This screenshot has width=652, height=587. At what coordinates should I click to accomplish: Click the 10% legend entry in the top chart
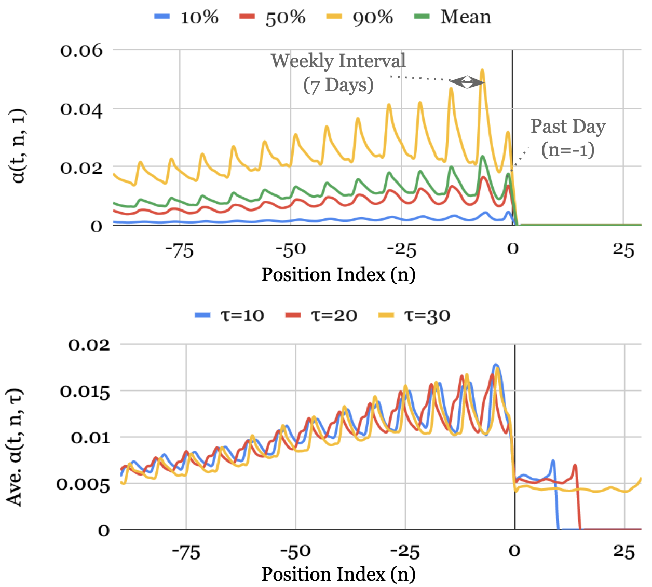[187, 17]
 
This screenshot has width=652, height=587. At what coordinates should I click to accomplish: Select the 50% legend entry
[273, 17]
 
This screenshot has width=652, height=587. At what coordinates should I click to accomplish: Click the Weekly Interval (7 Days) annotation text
[338, 73]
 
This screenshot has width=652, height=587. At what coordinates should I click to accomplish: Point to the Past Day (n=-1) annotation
[568, 138]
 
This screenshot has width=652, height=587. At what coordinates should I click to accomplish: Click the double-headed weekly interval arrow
[467, 82]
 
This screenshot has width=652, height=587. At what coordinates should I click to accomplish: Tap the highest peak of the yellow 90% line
[482, 70]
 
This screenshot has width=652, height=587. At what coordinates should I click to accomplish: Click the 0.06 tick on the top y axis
[81, 51]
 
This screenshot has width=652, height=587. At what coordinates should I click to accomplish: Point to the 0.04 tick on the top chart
[81, 109]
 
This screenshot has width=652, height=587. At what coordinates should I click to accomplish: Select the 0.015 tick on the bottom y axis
[85, 392]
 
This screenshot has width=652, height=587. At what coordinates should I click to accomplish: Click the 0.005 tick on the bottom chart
[83, 484]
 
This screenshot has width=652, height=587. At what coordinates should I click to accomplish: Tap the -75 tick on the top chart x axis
[180, 250]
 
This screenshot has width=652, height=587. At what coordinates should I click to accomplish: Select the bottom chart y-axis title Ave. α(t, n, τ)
[15, 446]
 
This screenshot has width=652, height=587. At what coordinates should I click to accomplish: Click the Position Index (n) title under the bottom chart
[338, 574]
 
